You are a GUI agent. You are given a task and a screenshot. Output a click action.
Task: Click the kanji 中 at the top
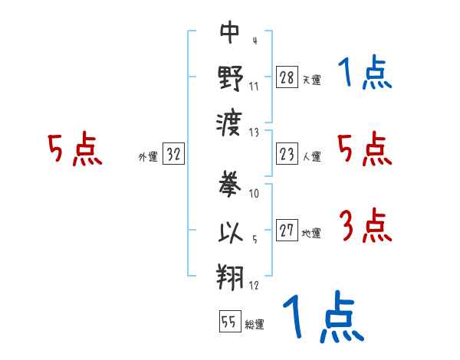pos(230,32)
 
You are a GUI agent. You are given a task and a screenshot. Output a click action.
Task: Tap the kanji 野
pos(230,78)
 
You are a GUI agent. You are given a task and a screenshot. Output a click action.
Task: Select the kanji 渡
pos(229,124)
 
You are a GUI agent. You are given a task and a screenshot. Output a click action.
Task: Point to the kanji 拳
pos(230,185)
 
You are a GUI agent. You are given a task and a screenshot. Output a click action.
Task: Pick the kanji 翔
pos(230,277)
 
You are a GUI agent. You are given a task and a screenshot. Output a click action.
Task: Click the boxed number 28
pos(287,77)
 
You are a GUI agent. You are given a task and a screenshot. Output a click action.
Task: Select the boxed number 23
pos(287,154)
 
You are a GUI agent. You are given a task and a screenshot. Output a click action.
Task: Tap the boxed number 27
pos(287,230)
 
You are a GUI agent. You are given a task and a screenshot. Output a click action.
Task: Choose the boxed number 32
pos(173,153)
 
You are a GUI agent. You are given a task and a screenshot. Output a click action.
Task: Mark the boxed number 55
pos(230,321)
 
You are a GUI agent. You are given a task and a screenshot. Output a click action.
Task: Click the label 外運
pos(148,156)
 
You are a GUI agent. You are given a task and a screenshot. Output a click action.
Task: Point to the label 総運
pos(255,324)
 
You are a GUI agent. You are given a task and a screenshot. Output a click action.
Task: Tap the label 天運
pos(312,80)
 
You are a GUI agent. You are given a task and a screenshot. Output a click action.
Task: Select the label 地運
pos(311,233)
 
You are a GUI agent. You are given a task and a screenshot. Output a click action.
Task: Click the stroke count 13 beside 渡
pos(254,133)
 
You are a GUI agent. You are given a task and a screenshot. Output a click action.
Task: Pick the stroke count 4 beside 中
pos(255,41)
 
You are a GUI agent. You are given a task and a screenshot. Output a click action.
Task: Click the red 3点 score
pos(366,225)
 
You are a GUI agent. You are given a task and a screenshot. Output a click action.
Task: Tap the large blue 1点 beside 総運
pos(324,316)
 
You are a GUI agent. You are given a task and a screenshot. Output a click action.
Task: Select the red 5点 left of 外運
pos(75,149)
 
